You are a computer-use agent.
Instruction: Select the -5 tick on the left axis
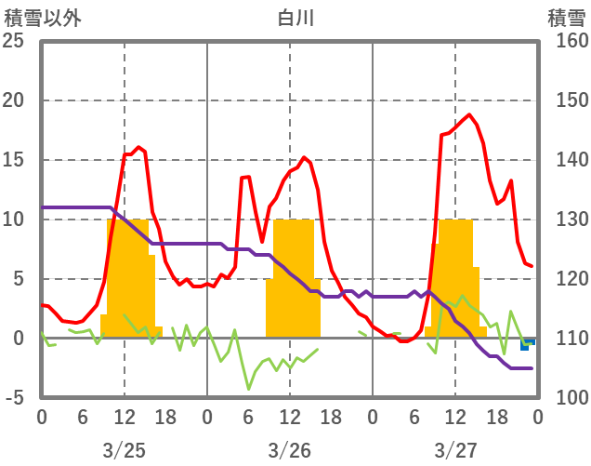click(x=16, y=398)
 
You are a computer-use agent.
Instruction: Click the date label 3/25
click(x=125, y=450)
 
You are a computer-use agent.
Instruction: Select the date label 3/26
click(x=289, y=450)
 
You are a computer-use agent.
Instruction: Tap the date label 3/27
click(x=454, y=450)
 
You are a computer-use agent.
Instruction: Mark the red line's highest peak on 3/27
click(x=469, y=115)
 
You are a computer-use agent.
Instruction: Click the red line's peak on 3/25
click(x=138, y=147)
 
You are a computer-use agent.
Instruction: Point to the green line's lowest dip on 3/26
click(x=248, y=388)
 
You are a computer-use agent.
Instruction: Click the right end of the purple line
click(x=532, y=368)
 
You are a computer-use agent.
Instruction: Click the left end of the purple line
click(x=43, y=207)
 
